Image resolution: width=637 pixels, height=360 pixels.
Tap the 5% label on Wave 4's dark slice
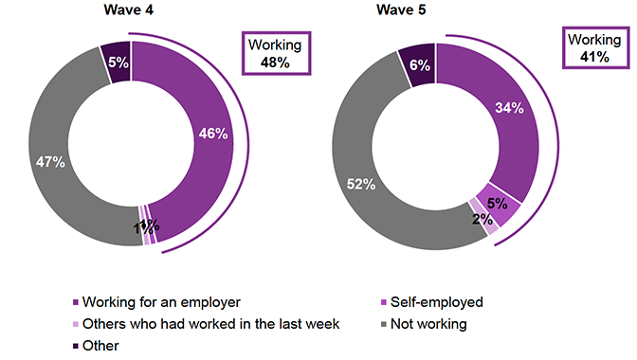pos(117,61)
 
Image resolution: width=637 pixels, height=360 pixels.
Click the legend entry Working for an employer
pos(154,302)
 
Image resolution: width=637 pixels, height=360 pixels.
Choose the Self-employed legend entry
pos(436,302)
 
